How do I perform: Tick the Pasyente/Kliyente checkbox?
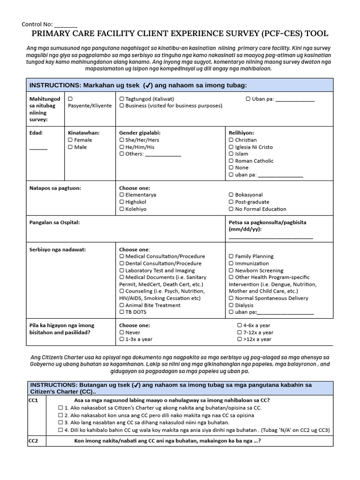pos(70,99)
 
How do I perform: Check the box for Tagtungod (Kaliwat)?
pos(122,99)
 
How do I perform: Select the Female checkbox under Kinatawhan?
pos(70,140)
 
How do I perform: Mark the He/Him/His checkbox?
pos(122,147)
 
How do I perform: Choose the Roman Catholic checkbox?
pos(231,161)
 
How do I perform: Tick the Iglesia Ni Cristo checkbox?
pos(231,147)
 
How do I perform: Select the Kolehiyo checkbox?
pos(122,209)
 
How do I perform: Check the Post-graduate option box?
pos(231,202)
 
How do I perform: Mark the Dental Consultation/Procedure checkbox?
pos(122,263)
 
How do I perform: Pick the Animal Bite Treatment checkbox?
pos(122,305)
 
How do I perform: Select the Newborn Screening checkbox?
pos(231,270)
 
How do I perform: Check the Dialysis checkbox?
pos(231,305)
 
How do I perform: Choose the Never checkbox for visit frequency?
pos(122,332)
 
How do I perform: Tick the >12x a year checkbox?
pos(240,339)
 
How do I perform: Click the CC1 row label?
pos(34,400)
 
